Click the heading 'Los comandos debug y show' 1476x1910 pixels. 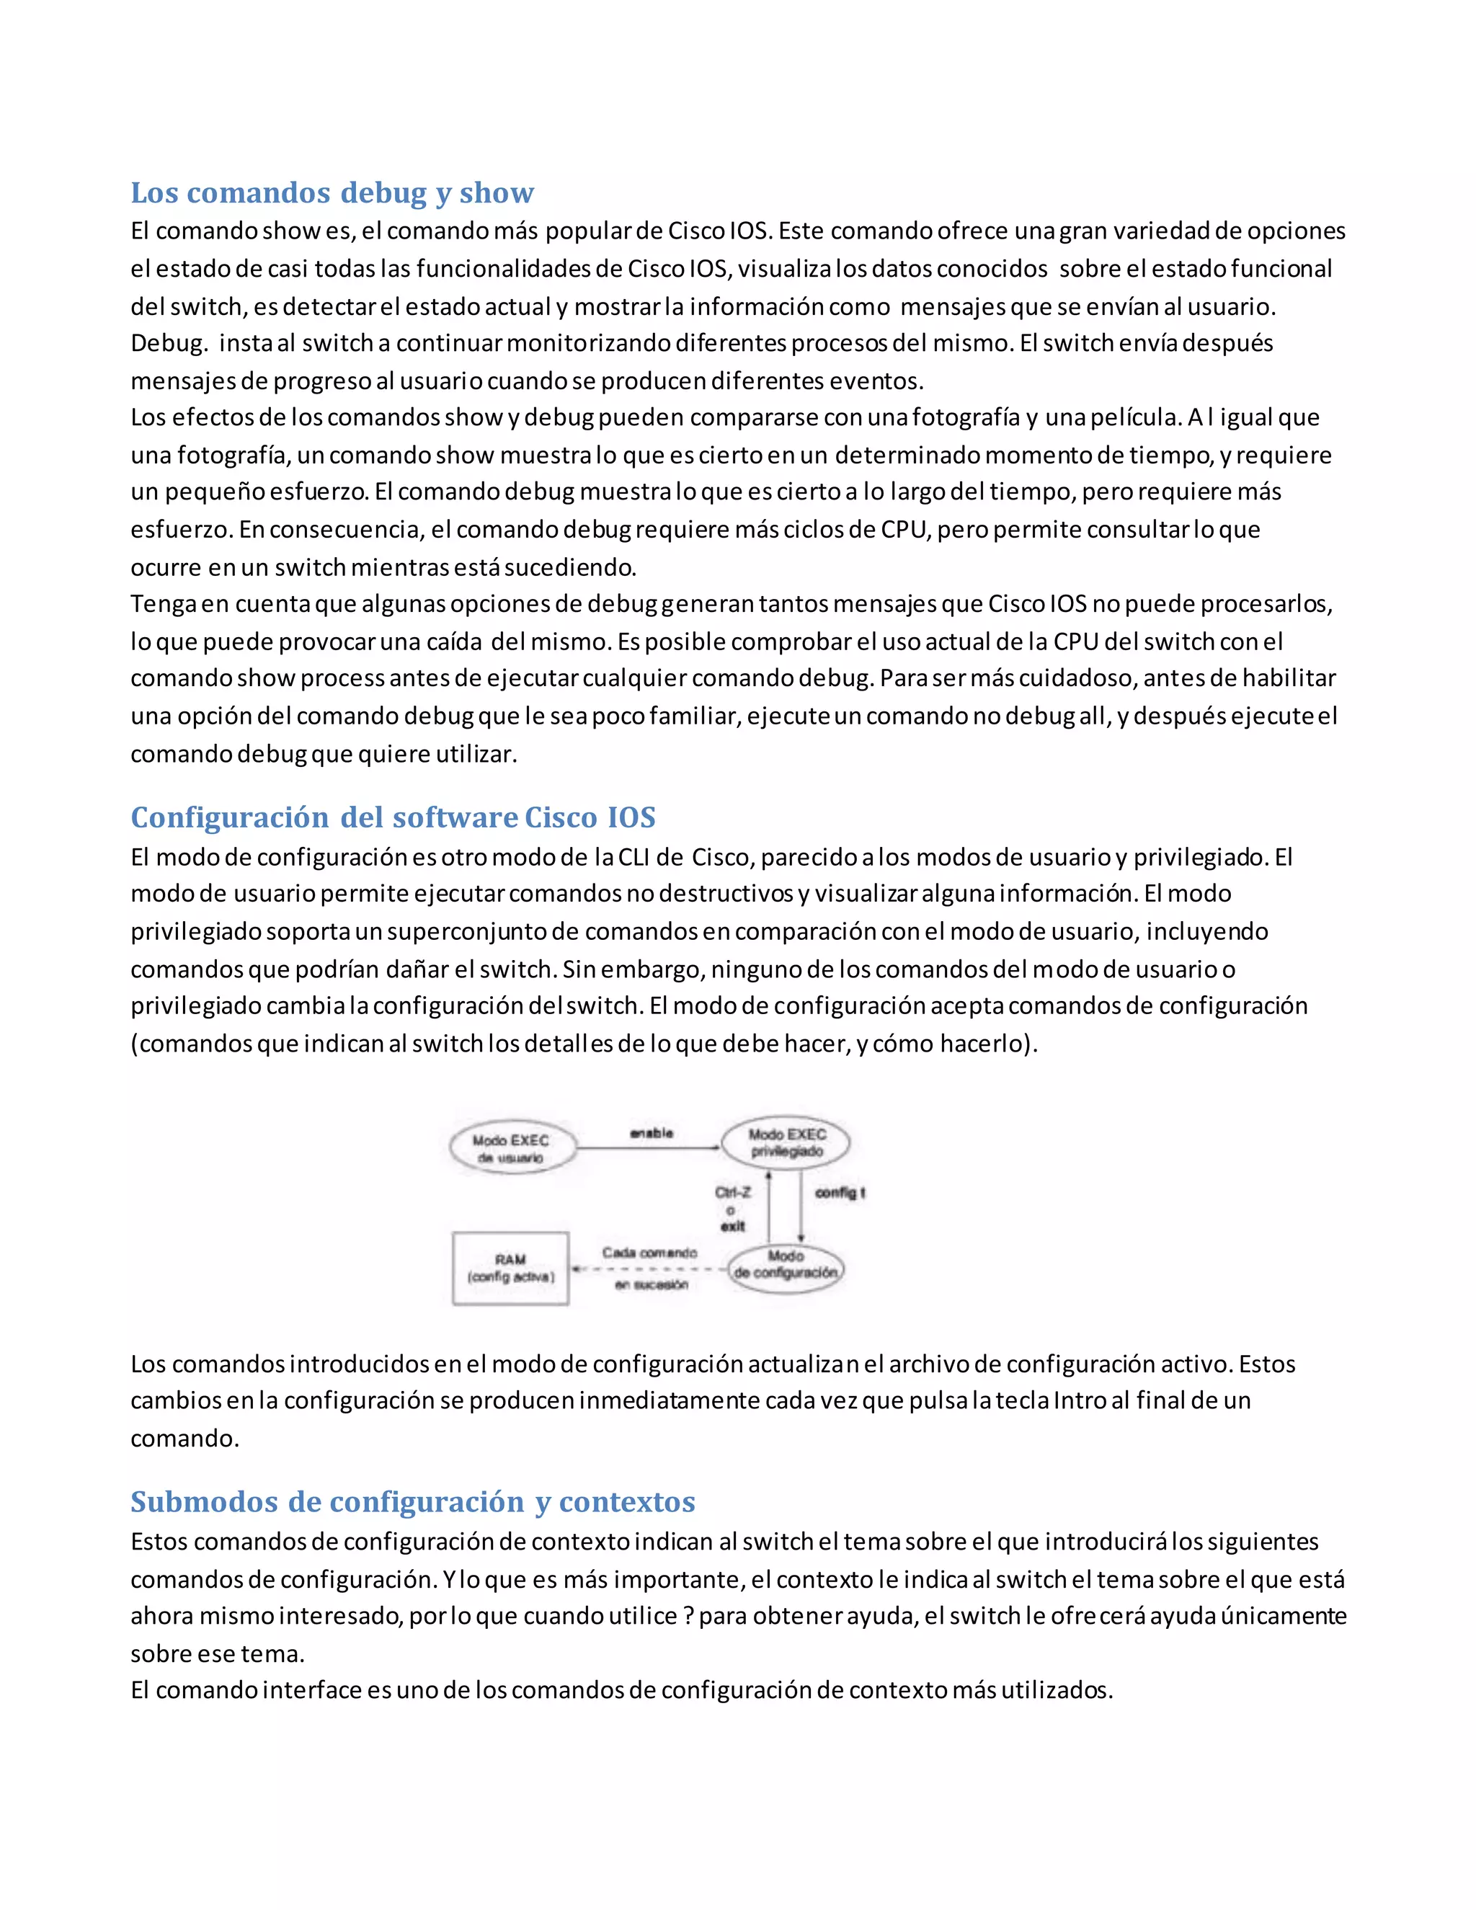click(332, 192)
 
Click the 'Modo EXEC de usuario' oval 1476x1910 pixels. click(512, 1148)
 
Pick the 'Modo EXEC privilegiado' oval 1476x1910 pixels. click(786, 1142)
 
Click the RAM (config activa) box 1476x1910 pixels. click(511, 1268)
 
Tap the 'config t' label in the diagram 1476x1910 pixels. click(840, 1192)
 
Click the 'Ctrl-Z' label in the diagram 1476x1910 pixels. click(733, 1192)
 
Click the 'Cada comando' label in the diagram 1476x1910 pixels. click(649, 1253)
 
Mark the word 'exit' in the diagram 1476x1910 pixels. click(733, 1226)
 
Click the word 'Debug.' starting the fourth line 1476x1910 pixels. click(169, 343)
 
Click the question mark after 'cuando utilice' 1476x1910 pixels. click(689, 1616)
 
